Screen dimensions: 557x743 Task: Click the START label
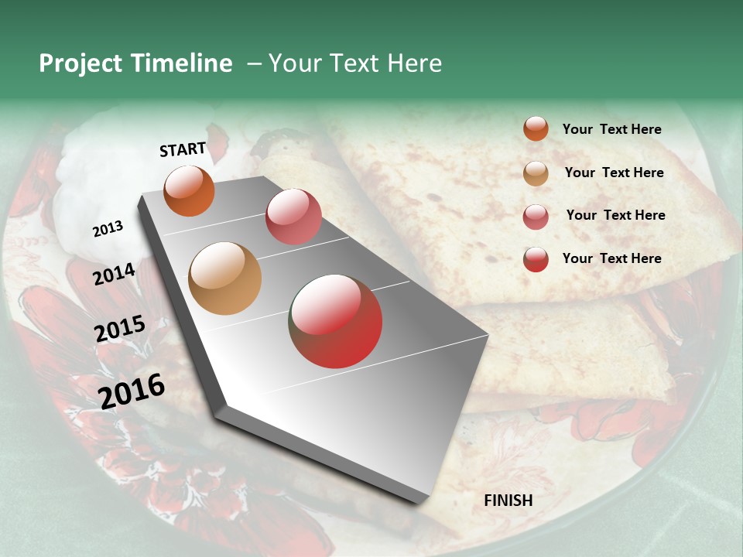pos(183,149)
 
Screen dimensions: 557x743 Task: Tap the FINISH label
pos(508,501)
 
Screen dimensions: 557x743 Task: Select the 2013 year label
pos(108,229)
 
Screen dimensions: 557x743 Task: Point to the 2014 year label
pos(115,274)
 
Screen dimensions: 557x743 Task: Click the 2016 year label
pos(132,391)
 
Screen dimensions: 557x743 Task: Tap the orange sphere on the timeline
pos(189,191)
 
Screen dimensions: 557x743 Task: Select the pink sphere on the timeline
pos(293,217)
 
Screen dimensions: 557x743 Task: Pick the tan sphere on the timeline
pos(225,278)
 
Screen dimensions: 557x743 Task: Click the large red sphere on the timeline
pos(335,321)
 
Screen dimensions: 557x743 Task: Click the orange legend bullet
pos(536,129)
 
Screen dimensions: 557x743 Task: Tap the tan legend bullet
pos(536,173)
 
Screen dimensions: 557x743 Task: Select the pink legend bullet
pos(536,217)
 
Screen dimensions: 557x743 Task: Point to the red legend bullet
pos(536,259)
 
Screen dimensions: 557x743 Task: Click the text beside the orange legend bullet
pos(611,129)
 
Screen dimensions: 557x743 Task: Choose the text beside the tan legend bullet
pos(614,173)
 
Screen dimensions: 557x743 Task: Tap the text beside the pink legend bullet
pos(615,215)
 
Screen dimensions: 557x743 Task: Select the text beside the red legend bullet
pos(611,258)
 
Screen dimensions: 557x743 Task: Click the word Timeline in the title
pos(181,63)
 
